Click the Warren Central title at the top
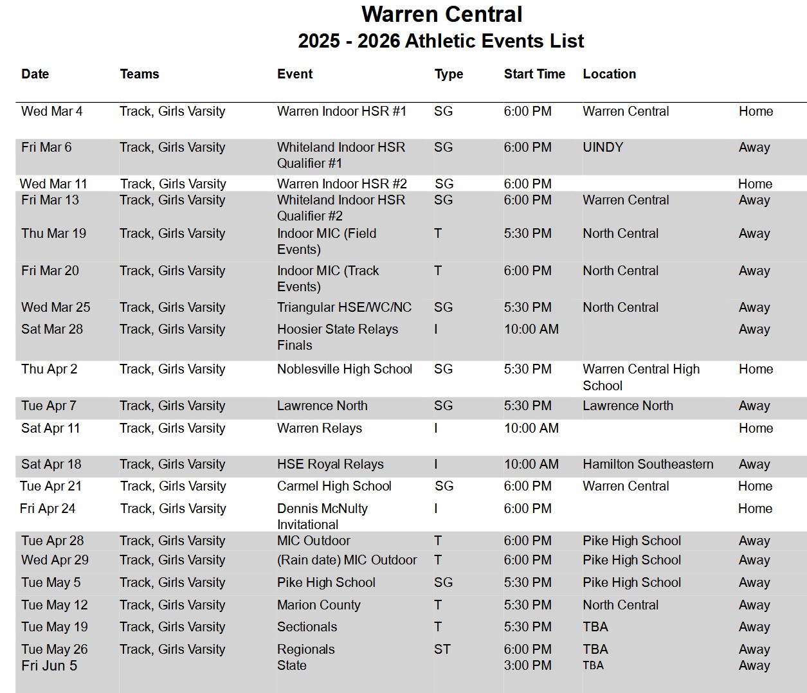[442, 14]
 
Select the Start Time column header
[534, 74]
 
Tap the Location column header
[609, 74]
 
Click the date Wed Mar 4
[51, 111]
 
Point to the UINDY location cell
[603, 147]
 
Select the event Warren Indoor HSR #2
[341, 184]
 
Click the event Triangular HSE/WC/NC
[344, 307]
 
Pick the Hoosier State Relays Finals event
[337, 337]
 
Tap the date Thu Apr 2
[49, 369]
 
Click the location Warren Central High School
[640, 377]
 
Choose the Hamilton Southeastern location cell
[648, 464]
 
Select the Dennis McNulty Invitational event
[322, 516]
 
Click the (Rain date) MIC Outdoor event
[347, 560]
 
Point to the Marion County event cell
[318, 605]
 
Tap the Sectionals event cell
[307, 627]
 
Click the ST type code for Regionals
[442, 649]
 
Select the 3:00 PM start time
[527, 665]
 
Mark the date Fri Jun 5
[49, 665]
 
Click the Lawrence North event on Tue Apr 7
[322, 406]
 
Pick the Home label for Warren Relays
[756, 428]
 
